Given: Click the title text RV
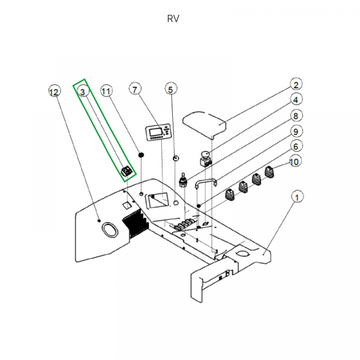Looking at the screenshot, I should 173,19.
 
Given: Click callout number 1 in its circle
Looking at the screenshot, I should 296,197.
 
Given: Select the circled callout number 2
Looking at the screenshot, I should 296,85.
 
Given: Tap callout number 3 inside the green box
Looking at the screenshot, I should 83,91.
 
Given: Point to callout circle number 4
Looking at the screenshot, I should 296,100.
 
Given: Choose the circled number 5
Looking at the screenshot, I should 170,89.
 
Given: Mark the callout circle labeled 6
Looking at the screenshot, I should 296,146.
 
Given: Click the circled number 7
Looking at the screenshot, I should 135,90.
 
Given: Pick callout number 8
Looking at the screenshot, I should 296,115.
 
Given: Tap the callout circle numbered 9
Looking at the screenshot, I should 296,131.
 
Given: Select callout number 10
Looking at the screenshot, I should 295,162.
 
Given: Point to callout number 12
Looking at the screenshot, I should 53,92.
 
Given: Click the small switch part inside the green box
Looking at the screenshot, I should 127,171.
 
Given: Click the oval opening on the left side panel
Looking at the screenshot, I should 109,229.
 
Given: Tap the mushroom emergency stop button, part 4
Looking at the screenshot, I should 206,160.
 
